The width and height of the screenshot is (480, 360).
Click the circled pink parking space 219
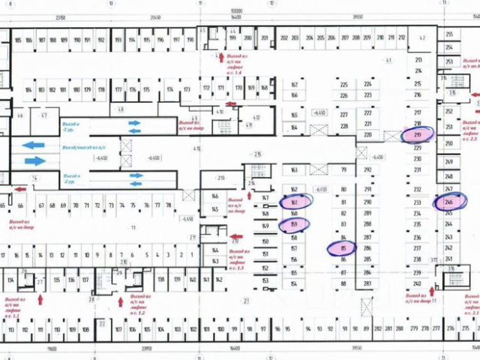422,135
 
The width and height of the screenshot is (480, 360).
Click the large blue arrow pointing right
35,160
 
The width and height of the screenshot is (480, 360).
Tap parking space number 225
343,85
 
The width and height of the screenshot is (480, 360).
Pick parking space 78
169,204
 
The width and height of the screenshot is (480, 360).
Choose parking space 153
265,280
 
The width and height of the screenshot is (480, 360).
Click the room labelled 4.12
256,117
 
